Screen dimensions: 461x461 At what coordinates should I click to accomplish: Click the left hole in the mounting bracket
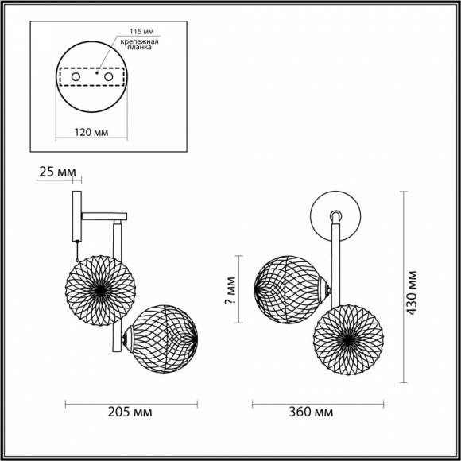point(76,77)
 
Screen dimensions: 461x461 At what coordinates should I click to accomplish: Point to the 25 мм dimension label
point(56,172)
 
